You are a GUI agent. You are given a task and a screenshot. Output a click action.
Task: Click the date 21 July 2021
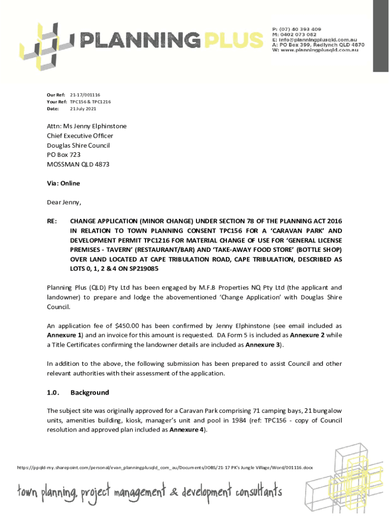coord(83,109)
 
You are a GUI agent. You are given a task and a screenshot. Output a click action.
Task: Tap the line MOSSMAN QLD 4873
coord(78,164)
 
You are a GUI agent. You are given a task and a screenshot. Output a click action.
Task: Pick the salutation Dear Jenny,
coord(64,202)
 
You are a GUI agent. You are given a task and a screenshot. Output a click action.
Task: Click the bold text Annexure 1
coord(64,335)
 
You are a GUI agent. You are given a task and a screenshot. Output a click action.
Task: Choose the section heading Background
coord(89,393)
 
